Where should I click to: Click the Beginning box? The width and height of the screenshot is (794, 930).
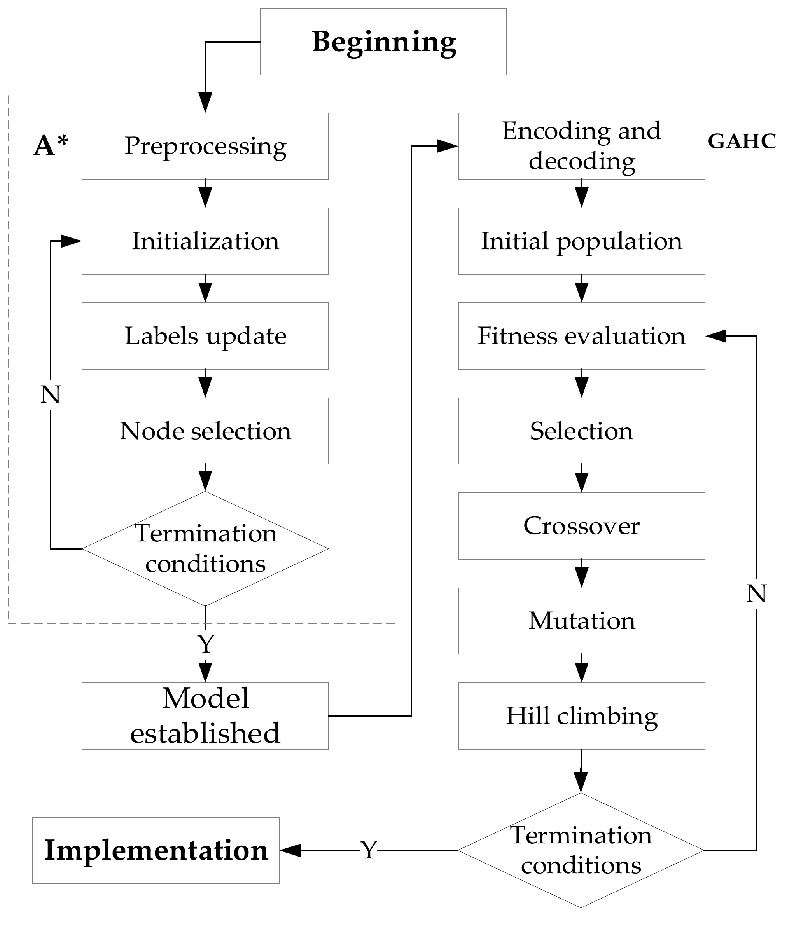point(383,42)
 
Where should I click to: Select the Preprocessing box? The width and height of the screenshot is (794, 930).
point(205,146)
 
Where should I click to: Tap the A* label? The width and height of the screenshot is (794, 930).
point(51,146)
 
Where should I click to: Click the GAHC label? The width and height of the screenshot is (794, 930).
point(742,141)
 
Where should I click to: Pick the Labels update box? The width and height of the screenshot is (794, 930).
point(205,336)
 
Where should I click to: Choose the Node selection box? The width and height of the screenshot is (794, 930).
point(205,431)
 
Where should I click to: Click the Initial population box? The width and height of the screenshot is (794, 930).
point(581,241)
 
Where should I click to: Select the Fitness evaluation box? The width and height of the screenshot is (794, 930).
point(581,336)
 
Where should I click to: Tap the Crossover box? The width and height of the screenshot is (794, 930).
point(581,525)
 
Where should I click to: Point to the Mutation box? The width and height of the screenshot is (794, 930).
point(581,621)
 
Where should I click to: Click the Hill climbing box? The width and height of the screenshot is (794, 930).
point(581,716)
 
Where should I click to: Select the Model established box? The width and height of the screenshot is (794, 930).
point(205,716)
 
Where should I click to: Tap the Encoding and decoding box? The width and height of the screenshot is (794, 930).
point(581,146)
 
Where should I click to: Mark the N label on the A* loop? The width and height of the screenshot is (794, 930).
point(50,394)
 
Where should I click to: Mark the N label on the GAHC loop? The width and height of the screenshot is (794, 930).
point(756,593)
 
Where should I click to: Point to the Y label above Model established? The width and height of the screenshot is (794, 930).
point(205,644)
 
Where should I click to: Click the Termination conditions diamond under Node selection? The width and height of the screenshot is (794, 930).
point(205,548)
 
